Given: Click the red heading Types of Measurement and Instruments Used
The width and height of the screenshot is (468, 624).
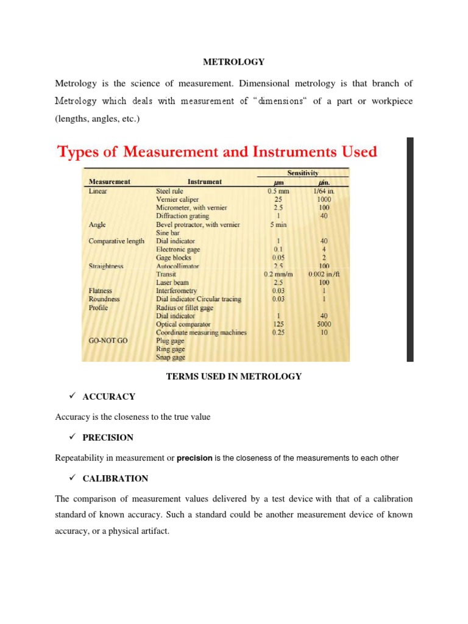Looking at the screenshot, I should click(217, 151).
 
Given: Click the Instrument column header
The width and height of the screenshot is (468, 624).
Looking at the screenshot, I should click(205, 181).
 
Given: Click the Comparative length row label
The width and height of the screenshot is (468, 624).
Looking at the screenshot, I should click(116, 241).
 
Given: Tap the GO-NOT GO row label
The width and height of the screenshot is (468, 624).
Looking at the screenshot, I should click(108, 341).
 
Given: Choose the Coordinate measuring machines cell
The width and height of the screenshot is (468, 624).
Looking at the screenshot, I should click(201, 333).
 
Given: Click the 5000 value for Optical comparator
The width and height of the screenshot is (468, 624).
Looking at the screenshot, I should click(324, 324).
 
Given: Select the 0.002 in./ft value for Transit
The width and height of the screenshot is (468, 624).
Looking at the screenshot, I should click(324, 274).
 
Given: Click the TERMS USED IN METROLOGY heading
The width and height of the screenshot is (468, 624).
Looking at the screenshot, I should click(234, 377).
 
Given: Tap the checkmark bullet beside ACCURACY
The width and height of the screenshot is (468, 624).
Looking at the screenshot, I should click(71, 396).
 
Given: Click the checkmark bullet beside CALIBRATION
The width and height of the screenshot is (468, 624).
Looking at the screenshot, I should click(71, 478).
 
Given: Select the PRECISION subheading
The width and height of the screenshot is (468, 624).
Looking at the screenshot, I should click(108, 438).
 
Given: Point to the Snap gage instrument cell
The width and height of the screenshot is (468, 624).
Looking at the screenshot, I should click(171, 358).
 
